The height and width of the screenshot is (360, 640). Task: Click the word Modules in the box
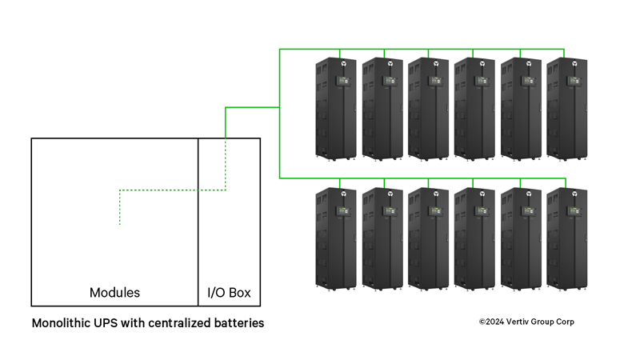[x=114, y=293]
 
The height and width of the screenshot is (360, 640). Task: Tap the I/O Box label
[x=229, y=293]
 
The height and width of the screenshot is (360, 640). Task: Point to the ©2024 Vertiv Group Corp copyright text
[x=526, y=322]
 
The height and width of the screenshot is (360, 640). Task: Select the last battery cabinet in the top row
[x=566, y=108]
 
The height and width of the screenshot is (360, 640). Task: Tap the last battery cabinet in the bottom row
[x=566, y=238]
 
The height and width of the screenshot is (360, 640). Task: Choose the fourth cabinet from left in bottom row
[x=474, y=238]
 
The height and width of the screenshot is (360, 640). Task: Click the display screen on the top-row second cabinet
[x=390, y=80]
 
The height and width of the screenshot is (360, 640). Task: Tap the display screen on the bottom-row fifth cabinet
[x=528, y=211]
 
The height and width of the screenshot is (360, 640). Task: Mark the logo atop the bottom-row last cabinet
[x=574, y=192]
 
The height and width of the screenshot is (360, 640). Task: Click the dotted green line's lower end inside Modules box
[x=120, y=223]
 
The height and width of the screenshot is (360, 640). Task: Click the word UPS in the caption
[x=110, y=324]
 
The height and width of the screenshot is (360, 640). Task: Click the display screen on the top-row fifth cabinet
[x=528, y=80]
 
